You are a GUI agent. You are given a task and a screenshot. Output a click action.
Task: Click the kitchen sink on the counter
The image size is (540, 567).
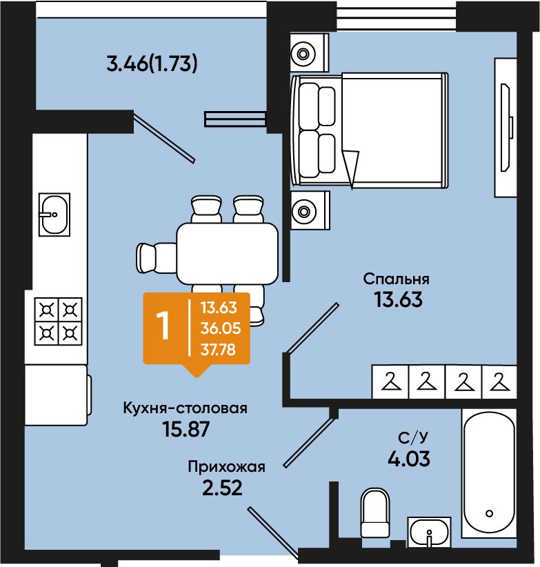point(53,215)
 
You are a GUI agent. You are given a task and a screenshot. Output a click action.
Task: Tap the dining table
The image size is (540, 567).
point(228,251)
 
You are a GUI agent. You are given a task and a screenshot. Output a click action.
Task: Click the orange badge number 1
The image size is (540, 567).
point(164,326)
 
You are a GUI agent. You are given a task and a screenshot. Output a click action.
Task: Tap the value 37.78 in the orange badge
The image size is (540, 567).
point(217,349)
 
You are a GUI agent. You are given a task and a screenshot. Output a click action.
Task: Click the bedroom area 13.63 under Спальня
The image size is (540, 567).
point(396,301)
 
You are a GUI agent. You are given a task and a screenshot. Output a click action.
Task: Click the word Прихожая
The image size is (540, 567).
point(226,467)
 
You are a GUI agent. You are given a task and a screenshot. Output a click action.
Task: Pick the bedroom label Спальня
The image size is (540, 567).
point(396,279)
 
